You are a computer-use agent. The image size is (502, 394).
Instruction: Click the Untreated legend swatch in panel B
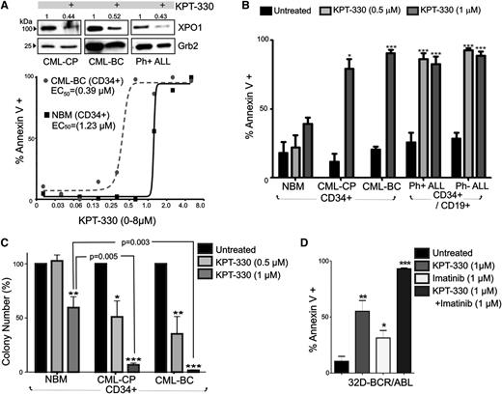click(280, 9)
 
